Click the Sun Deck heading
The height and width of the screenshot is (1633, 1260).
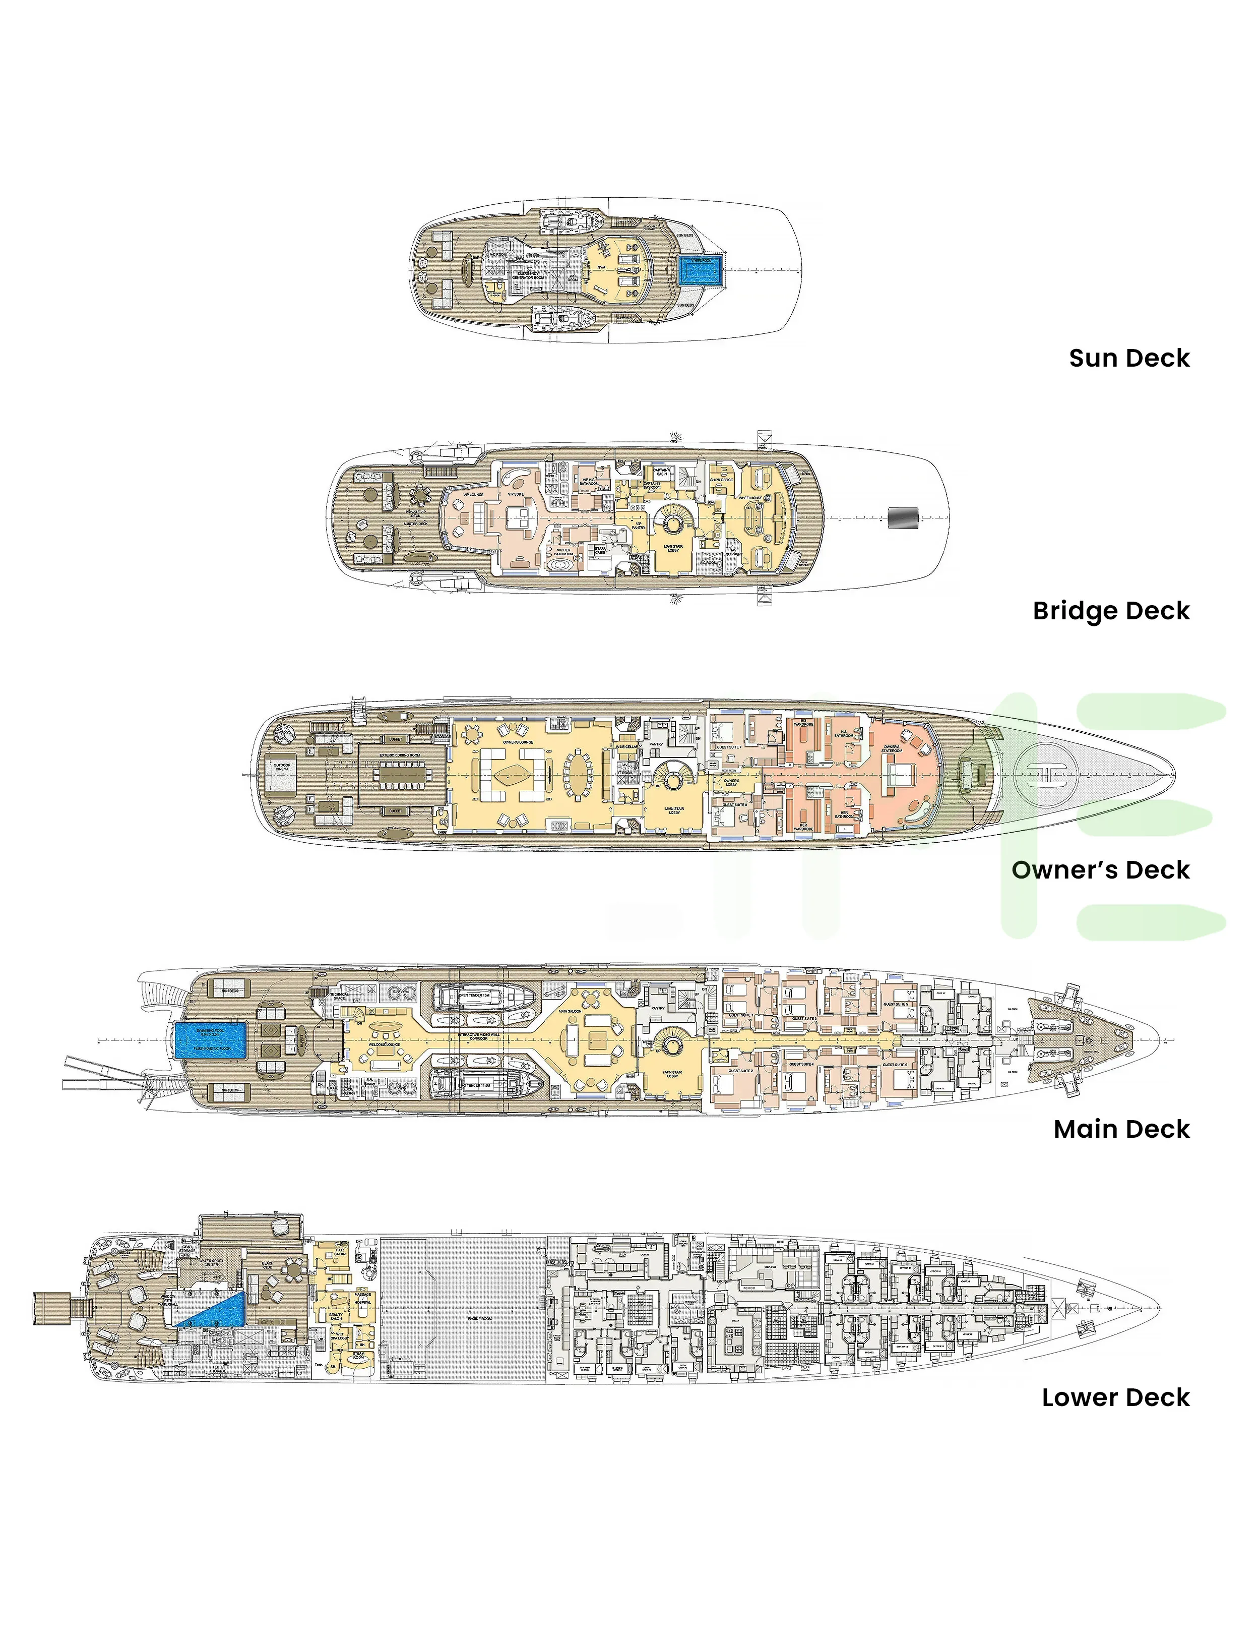1128,358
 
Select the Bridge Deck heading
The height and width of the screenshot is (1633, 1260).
1110,611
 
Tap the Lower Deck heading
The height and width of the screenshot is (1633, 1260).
1115,1397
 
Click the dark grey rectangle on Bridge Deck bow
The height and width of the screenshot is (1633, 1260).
903,516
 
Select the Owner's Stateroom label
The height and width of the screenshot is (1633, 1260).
892,748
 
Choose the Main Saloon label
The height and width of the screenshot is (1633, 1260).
570,1012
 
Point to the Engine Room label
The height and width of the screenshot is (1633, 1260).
479,1318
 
